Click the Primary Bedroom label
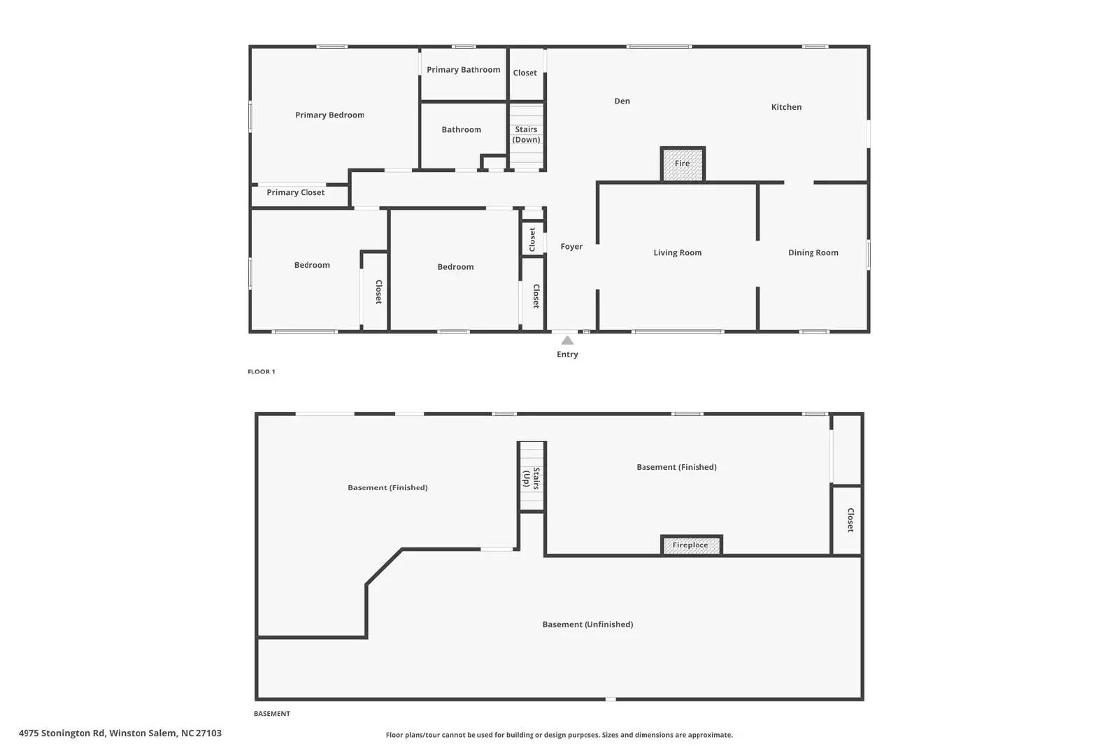(x=329, y=115)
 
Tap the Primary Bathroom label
(x=463, y=70)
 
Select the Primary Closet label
(x=295, y=192)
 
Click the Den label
(x=622, y=101)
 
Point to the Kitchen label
(x=786, y=107)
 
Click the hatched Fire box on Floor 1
(x=683, y=164)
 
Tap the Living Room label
(x=677, y=253)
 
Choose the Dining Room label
(x=813, y=253)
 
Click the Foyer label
(x=571, y=247)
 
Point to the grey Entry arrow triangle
(x=567, y=340)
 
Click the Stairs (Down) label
(x=526, y=134)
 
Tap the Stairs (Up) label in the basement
(x=531, y=478)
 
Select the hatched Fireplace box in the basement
(x=691, y=545)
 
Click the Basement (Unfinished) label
(x=587, y=624)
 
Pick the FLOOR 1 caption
(x=262, y=372)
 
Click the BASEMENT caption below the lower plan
(x=271, y=714)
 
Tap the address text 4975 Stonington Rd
(x=120, y=733)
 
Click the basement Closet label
(x=850, y=520)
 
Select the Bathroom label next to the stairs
(x=461, y=130)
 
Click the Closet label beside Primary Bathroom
(x=525, y=73)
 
